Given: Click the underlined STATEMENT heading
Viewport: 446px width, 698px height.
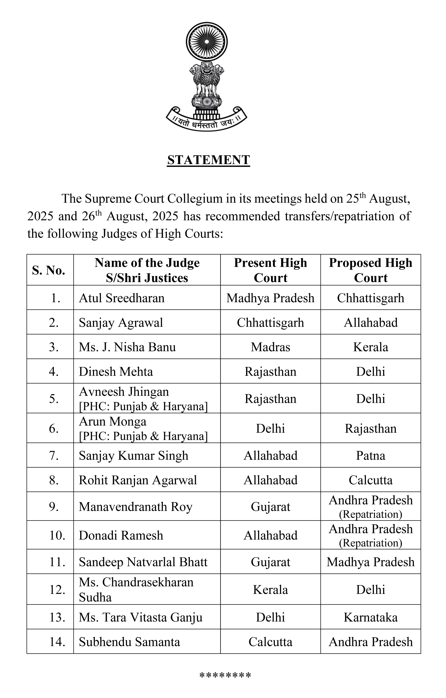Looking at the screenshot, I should point(208,160).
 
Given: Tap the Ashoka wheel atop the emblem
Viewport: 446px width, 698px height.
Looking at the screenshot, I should point(206,42).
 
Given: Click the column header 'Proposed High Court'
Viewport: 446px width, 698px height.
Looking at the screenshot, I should point(370,270).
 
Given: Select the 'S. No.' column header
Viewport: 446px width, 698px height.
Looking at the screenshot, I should point(49,270).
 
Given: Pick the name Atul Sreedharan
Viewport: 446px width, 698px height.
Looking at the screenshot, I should point(122,298).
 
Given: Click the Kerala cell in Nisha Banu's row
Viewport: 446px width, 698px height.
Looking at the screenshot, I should point(370,347).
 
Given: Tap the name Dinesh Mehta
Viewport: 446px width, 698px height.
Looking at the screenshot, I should point(116,372).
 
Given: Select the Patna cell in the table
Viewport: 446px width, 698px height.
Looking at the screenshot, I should point(370,456).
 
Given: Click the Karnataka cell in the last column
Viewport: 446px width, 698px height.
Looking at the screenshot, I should point(370,617).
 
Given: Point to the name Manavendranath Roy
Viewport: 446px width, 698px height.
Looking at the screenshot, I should point(135,507).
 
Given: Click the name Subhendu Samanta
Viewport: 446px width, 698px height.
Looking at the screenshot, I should point(129,642).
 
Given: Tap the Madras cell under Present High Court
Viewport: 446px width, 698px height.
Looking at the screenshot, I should point(270,347).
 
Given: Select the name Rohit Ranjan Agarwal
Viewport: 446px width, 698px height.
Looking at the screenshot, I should point(138,480).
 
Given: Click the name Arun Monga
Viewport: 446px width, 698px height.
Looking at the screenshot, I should point(113,421).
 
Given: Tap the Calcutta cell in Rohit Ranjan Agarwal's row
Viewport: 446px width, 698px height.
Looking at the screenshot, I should point(370,480).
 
